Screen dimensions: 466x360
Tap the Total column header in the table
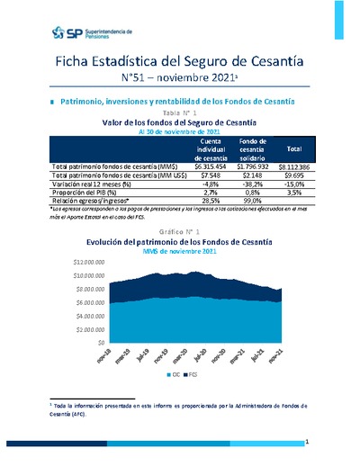293,149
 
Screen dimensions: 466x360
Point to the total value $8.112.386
292,166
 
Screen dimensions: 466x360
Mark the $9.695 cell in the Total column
293,175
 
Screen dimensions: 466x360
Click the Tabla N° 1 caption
180,112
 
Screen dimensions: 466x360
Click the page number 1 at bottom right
307,442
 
